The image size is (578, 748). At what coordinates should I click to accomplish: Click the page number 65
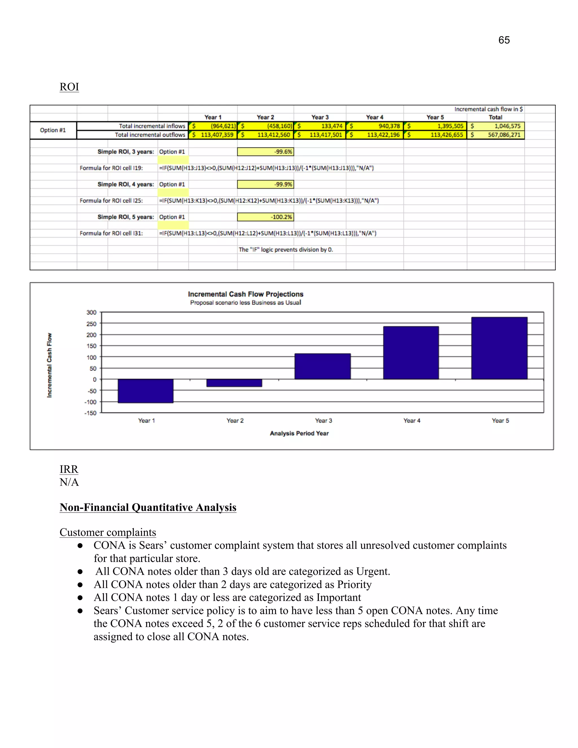[504, 40]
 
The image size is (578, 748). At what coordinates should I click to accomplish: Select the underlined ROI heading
[69, 87]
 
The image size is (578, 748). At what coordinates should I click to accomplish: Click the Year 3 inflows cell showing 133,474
[320, 126]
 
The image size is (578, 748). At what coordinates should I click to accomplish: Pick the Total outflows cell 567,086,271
[496, 135]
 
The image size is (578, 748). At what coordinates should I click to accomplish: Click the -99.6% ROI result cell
[265, 152]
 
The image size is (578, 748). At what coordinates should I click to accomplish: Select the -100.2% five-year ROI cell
[265, 217]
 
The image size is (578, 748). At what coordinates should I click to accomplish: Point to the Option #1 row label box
[53, 130]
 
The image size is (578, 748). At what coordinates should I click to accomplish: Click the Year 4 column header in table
[375, 117]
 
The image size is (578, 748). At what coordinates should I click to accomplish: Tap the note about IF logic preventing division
[286, 250]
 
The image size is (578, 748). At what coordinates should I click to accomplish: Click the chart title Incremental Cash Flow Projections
[246, 294]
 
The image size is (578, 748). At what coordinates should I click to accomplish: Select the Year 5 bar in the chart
[499, 348]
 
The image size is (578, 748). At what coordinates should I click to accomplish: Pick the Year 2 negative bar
[234, 383]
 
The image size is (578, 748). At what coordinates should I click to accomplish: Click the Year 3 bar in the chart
[323, 366]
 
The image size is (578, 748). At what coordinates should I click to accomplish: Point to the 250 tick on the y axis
[91, 324]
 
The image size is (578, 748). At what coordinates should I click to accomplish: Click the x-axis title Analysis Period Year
[299, 433]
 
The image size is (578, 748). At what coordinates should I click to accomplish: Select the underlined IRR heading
[69, 469]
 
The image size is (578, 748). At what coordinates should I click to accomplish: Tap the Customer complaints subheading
[108, 532]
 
